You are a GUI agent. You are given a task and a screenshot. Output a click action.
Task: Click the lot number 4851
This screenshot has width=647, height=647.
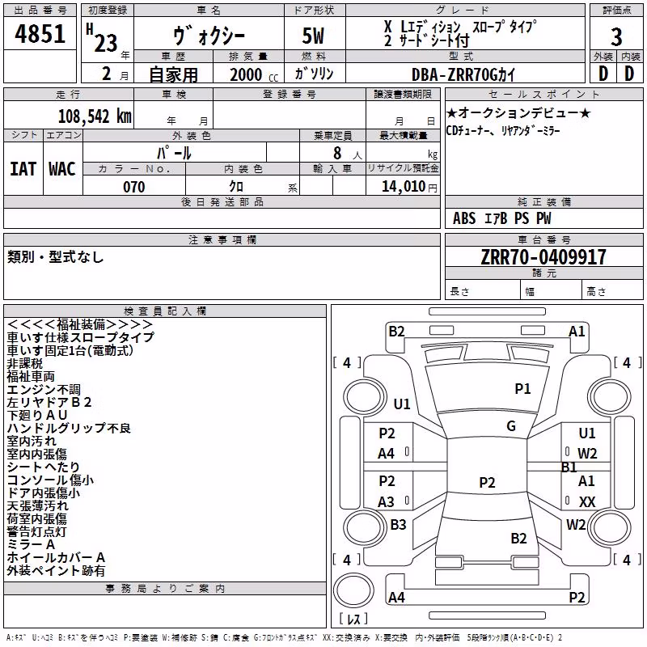pos(40,33)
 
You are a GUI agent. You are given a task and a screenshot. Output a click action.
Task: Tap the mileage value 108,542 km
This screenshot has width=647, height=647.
pos(95,116)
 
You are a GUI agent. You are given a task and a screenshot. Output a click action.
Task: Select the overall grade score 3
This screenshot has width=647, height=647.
pos(616,36)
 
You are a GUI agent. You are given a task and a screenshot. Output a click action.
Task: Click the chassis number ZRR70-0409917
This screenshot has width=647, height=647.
pos(543,257)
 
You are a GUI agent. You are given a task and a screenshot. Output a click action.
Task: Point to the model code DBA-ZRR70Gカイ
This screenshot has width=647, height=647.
pos(463,74)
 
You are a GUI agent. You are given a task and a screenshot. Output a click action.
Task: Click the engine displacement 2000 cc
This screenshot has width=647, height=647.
pos(254,74)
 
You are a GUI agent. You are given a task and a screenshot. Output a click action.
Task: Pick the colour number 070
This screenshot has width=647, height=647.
pos(134,187)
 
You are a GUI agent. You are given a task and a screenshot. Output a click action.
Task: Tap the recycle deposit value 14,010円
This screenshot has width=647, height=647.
pos(409,187)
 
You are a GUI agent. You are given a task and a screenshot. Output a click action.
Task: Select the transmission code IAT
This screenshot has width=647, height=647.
pos(23,169)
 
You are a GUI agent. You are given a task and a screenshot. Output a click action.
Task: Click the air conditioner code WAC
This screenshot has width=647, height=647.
pos(62,169)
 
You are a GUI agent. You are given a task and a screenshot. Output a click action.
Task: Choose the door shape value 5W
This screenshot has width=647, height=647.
pos(313,36)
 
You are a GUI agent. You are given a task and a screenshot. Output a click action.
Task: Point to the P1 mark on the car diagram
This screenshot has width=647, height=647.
pos(522,388)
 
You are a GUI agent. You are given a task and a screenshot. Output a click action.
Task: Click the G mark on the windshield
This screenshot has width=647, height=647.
pos(511,425)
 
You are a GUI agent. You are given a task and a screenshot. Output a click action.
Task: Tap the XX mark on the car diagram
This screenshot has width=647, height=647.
pos(587,501)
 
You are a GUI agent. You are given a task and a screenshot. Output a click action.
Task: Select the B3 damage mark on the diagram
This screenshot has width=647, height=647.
pos(398,524)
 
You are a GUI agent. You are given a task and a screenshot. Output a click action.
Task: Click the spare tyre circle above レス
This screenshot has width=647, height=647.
pos(353,590)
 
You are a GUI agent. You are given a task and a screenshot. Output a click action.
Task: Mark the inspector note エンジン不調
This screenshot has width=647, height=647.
pos(44,390)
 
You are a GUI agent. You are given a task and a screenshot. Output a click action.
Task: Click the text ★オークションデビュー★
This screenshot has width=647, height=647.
pos(518,112)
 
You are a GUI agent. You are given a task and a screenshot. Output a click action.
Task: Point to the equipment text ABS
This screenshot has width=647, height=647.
pos(464,218)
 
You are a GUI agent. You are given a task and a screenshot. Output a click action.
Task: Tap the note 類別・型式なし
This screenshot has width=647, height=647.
pos(55,257)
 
